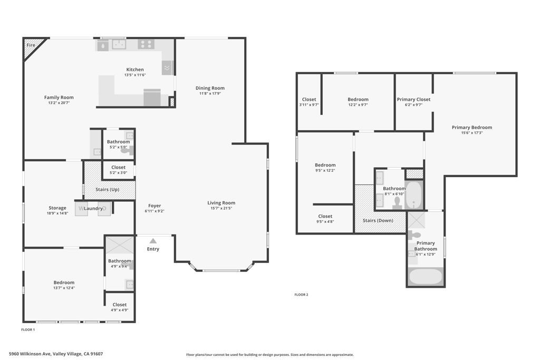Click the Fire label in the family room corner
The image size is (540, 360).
tap(31, 45)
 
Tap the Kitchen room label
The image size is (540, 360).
tap(134, 70)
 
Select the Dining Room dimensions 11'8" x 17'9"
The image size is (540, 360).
tap(210, 93)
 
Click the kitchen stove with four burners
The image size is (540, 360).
tap(146, 44)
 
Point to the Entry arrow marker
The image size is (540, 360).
tap(153, 241)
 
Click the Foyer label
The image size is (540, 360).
tap(155, 206)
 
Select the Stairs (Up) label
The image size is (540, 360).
tap(110, 189)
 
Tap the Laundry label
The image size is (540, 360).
tap(93, 209)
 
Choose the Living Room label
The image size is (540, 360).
tap(221, 202)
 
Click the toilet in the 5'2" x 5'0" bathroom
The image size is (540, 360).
tap(126, 150)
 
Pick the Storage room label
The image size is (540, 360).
tap(57, 208)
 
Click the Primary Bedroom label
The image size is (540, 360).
tap(471, 127)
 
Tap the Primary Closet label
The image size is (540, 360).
tap(413, 99)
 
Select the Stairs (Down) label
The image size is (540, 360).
tap(378, 220)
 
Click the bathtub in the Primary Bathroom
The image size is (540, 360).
tap(426, 276)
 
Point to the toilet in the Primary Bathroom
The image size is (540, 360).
tap(414, 235)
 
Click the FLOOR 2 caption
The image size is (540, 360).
tap(301, 295)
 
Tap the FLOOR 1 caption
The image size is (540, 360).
tap(28, 329)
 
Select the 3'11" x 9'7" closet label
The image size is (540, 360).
tap(309, 99)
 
